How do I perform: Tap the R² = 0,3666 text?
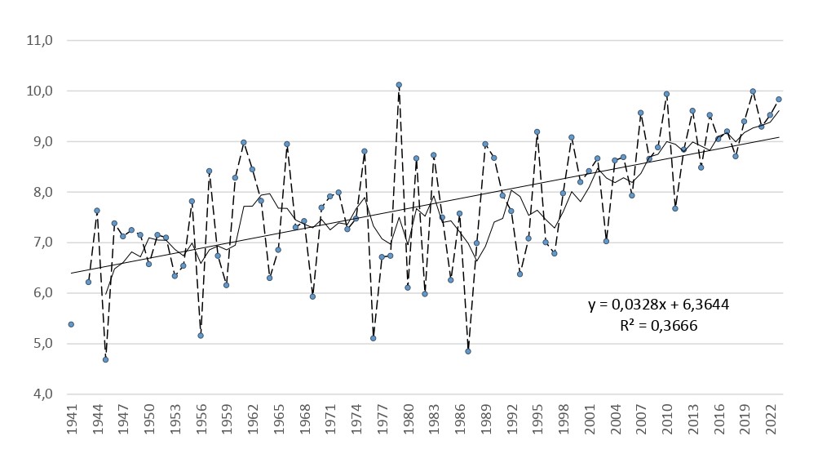tap(659, 324)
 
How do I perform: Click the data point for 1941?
tap(71, 324)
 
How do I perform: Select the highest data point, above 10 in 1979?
tap(399, 85)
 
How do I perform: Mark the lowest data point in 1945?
tap(105, 359)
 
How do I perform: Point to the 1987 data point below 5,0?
tap(468, 351)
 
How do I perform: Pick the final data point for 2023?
tap(779, 100)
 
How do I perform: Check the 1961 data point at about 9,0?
tap(244, 142)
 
